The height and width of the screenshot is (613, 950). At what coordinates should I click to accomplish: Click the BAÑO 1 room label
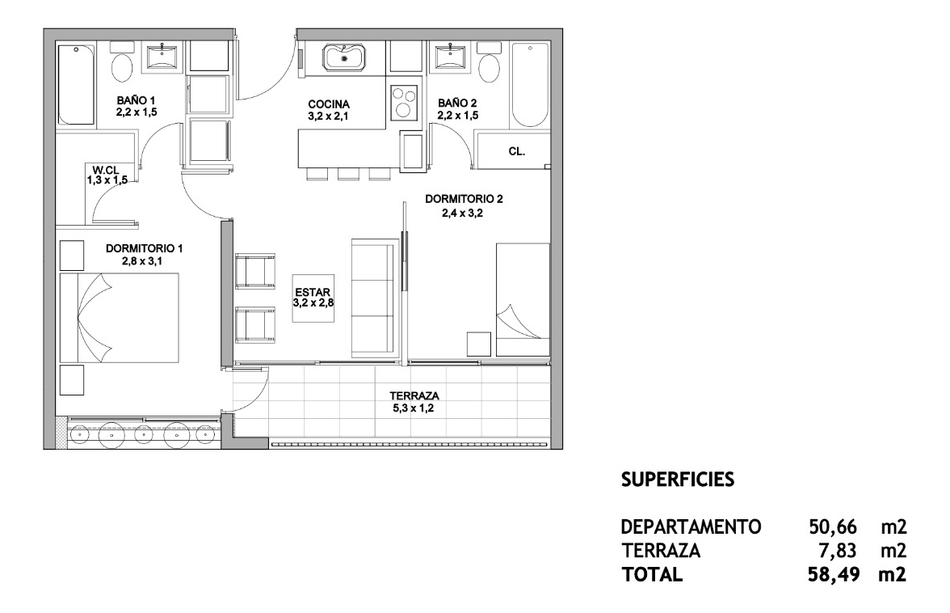pyautogui.click(x=136, y=100)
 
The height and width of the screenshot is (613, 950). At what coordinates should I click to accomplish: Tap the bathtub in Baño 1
pyautogui.click(x=76, y=84)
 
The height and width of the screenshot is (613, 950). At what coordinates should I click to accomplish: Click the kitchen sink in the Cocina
pyautogui.click(x=345, y=58)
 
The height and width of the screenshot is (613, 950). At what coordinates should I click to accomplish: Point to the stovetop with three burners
pyautogui.click(x=404, y=103)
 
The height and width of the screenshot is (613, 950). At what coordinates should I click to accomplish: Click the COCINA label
pyautogui.click(x=329, y=104)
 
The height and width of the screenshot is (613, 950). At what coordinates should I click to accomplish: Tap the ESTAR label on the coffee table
pyautogui.click(x=312, y=293)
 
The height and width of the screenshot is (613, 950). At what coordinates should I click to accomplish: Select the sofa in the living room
pyautogui.click(x=376, y=297)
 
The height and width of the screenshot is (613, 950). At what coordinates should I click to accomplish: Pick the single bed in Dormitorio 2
pyautogui.click(x=523, y=299)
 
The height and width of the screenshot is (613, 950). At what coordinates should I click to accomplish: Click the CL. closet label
pyautogui.click(x=517, y=150)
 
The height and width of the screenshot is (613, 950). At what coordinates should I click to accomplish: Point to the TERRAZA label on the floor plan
pyautogui.click(x=414, y=396)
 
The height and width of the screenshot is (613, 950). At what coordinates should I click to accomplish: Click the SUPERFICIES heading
pyautogui.click(x=678, y=480)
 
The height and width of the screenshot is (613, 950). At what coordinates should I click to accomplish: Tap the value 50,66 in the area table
pyautogui.click(x=834, y=528)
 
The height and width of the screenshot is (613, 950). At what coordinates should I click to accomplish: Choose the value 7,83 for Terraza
pyautogui.click(x=839, y=552)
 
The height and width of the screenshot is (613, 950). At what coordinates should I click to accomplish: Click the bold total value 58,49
pyautogui.click(x=834, y=576)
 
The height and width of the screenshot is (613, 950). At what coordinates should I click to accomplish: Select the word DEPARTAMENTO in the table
pyautogui.click(x=691, y=528)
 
